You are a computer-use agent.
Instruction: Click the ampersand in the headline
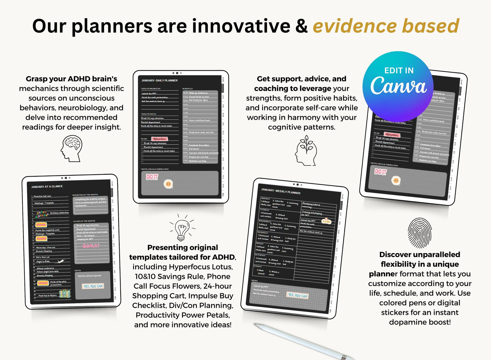pos(301,26)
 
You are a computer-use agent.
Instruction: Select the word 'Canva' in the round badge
pos(398,86)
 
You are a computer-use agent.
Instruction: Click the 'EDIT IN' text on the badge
pos(399,71)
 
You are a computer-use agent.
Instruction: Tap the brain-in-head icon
pos(71,148)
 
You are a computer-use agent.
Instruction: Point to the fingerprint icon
pos(420,233)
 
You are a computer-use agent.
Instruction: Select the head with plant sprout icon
pos(306,150)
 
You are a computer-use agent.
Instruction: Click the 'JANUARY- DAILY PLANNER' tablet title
pos(159,80)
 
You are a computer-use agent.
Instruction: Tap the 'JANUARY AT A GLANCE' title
pos(47,187)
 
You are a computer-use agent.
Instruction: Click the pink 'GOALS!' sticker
pos(91,246)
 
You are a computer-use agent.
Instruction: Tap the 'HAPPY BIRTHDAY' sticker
pos(42,214)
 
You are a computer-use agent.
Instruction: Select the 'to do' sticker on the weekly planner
pos(326,221)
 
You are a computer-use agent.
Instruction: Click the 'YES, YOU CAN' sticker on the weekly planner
pos(297,295)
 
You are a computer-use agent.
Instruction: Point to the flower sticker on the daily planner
pos(168,184)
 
